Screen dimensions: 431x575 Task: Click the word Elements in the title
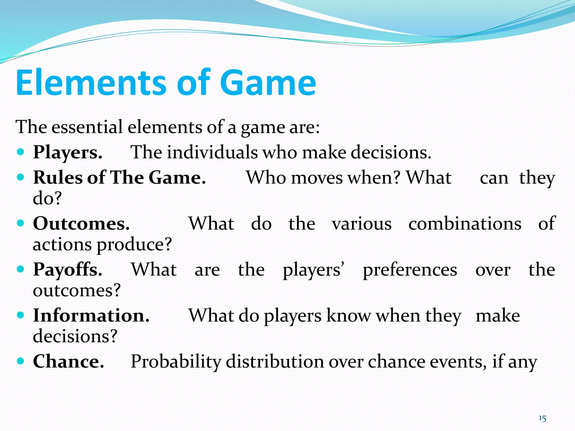tap(91, 83)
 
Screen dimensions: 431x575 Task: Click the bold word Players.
tap(68, 152)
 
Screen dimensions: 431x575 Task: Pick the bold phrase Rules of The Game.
tap(119, 178)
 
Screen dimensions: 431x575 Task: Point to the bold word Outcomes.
tap(81, 224)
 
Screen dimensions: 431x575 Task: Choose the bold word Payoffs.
tap(68, 270)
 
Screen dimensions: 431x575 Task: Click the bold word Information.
tap(91, 315)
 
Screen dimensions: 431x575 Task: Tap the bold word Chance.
tap(69, 361)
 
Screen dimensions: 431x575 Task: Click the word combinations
tap(465, 224)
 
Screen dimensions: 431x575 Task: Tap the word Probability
tap(176, 361)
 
